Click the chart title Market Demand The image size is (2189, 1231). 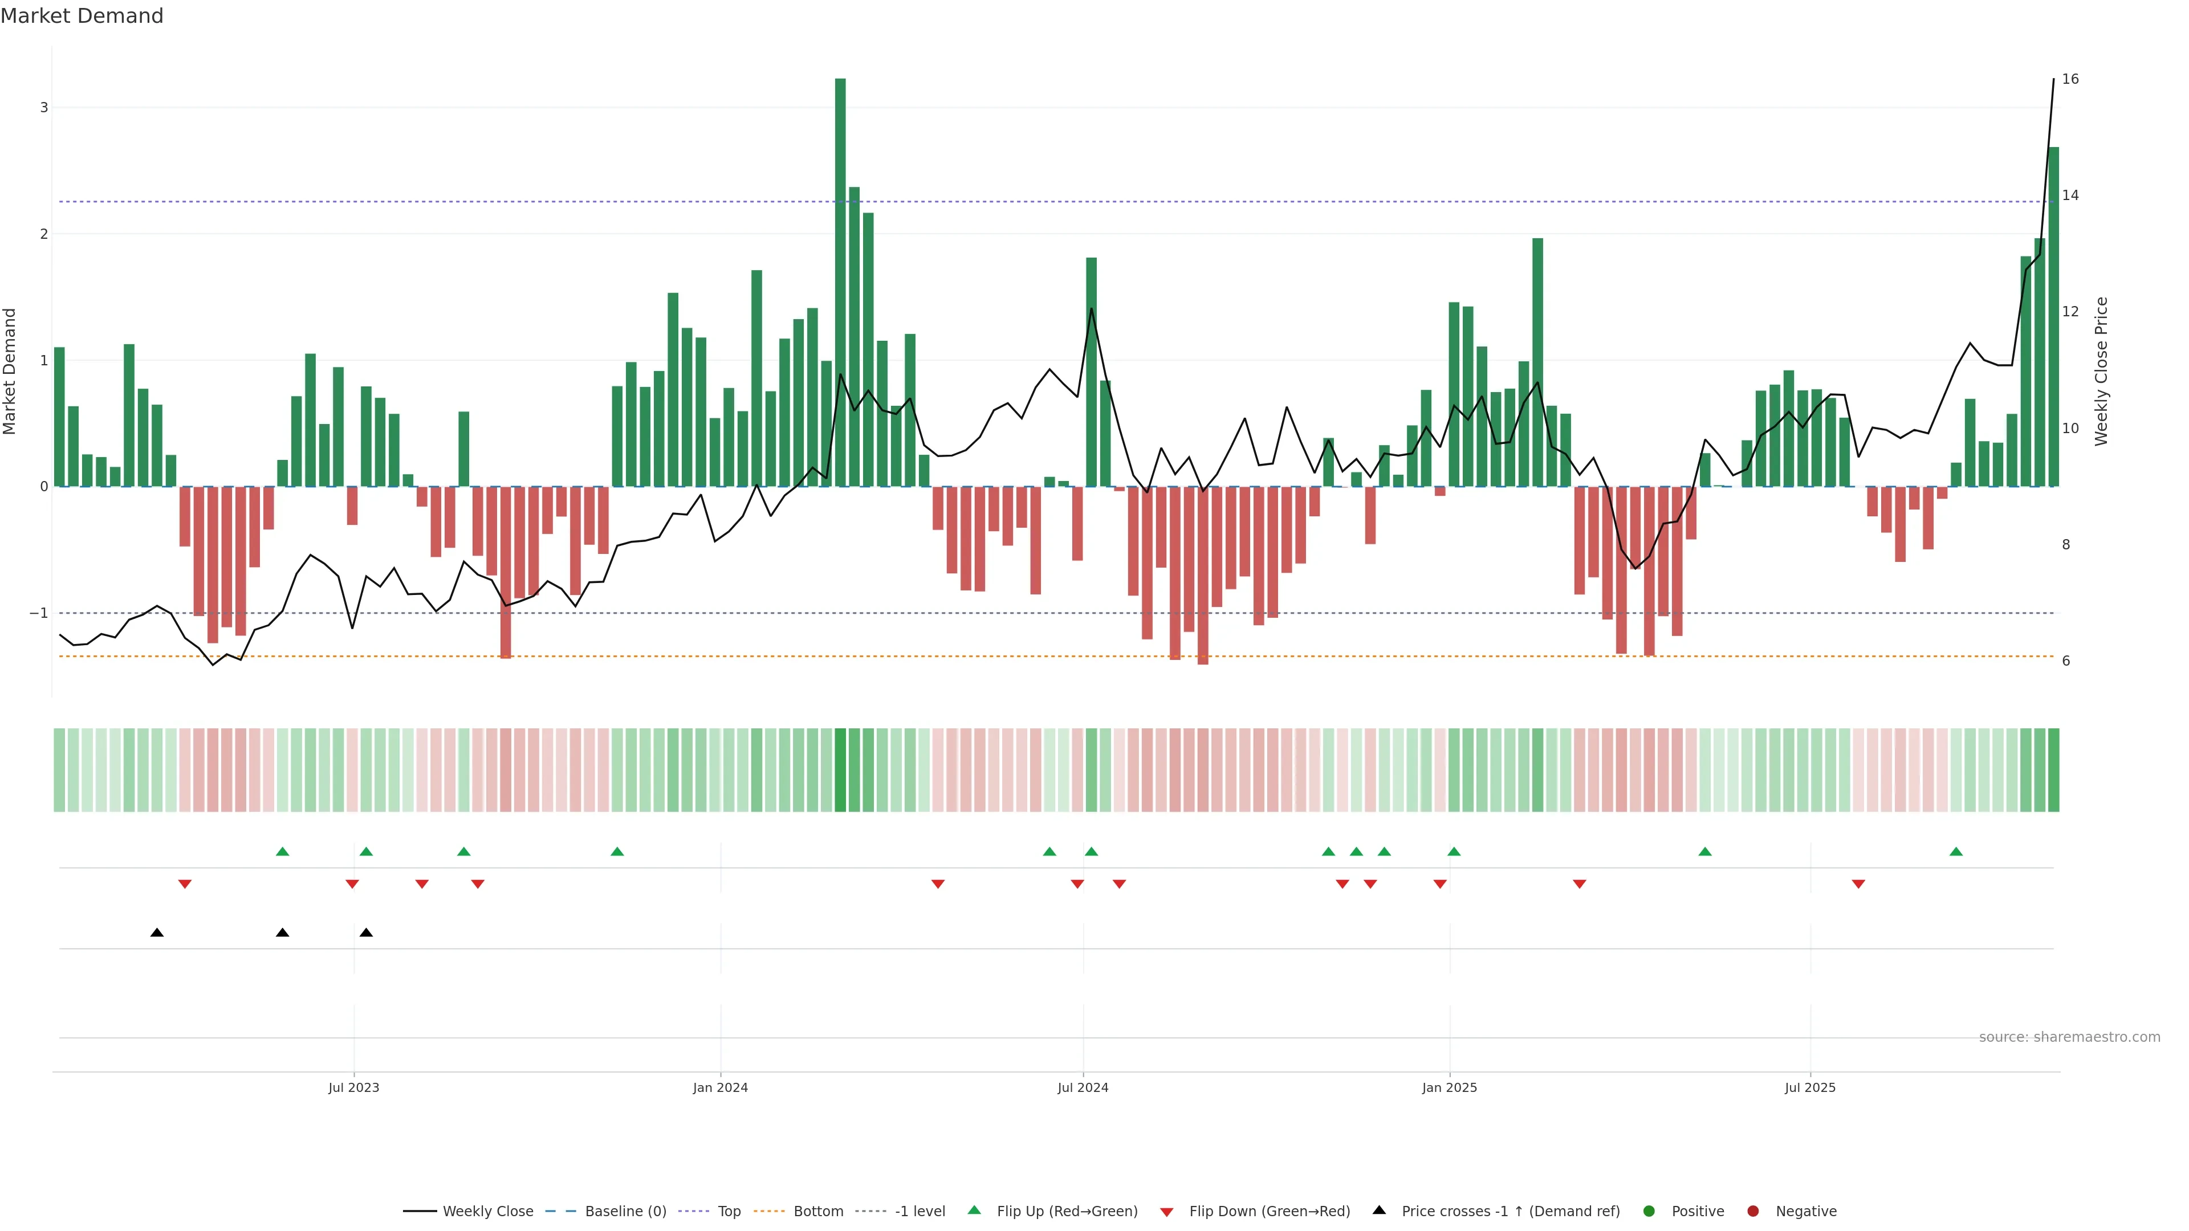(x=82, y=16)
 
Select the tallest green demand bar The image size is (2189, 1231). (x=840, y=280)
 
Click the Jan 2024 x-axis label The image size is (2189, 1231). (x=720, y=1087)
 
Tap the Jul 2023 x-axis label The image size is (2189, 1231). (x=353, y=1087)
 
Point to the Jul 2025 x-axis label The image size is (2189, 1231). (x=1810, y=1087)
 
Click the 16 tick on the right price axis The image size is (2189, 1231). (x=2070, y=79)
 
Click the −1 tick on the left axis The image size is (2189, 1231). (x=39, y=613)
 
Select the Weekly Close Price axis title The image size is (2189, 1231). (x=2101, y=371)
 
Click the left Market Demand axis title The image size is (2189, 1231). (x=10, y=371)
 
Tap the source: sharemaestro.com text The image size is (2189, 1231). (x=2069, y=1037)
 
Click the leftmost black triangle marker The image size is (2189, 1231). (x=157, y=933)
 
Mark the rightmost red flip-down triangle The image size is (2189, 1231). (x=1858, y=884)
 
